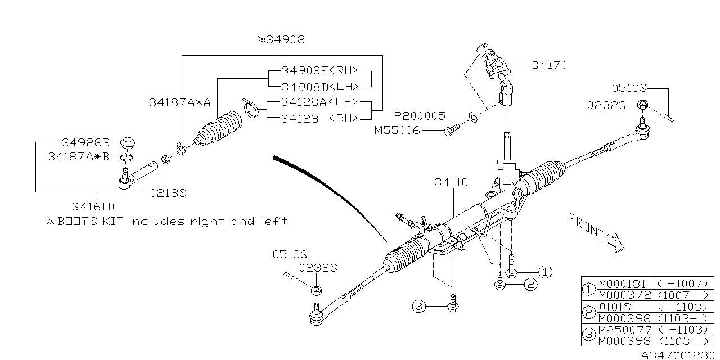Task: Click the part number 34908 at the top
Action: pyautogui.click(x=283, y=39)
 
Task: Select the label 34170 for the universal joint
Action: pyautogui.click(x=548, y=65)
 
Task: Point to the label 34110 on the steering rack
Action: pyautogui.click(x=451, y=183)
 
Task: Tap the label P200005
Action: pyautogui.click(x=419, y=116)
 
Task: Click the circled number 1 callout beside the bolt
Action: pyautogui.click(x=544, y=272)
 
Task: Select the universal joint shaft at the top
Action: pyautogui.click(x=496, y=70)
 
